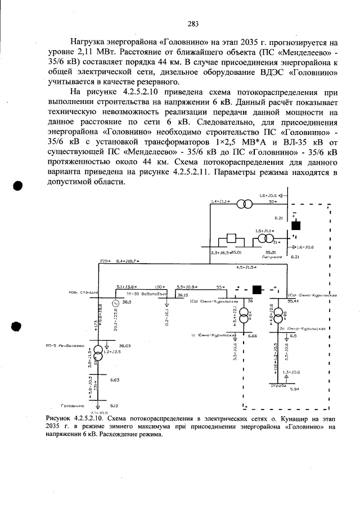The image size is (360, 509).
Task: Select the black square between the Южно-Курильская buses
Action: pyautogui.click(x=258, y=290)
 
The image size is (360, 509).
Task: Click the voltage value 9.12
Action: pyautogui.click(x=114, y=405)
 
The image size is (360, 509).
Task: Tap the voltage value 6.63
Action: pyautogui.click(x=114, y=381)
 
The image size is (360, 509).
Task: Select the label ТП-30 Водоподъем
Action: pyautogui.click(x=139, y=294)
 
